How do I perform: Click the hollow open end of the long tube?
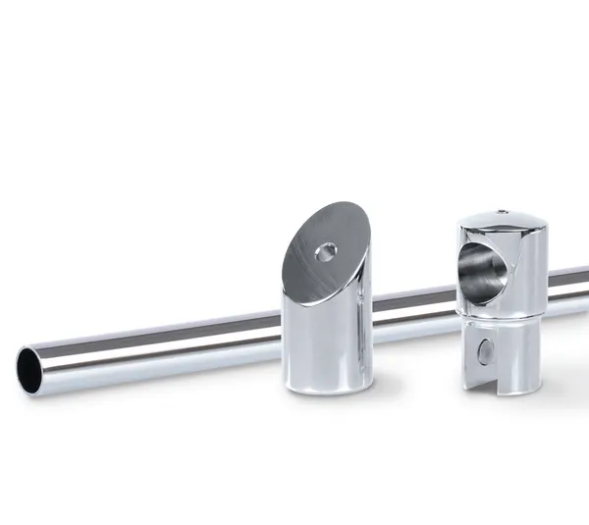point(30,371)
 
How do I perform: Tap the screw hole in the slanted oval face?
point(325,252)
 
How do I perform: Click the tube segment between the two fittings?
point(412,301)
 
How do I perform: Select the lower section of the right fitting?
point(501,353)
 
